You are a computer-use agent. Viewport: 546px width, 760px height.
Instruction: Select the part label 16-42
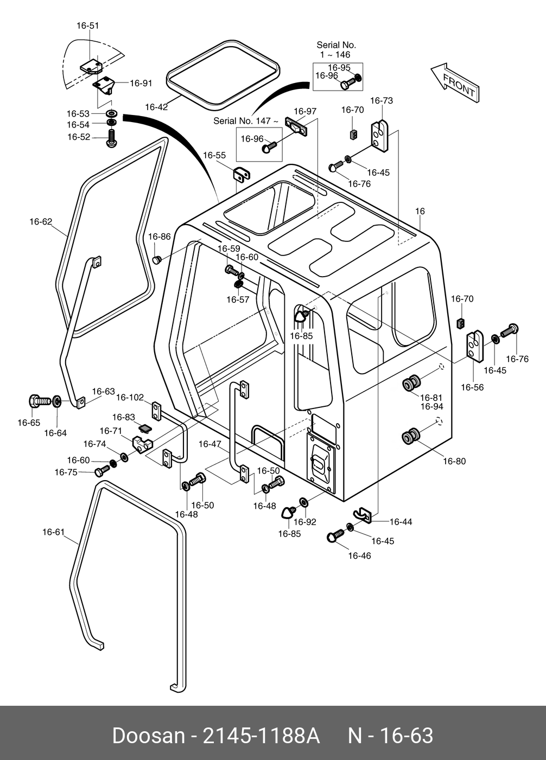coord(156,107)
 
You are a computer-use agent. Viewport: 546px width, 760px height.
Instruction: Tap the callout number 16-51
coord(87,25)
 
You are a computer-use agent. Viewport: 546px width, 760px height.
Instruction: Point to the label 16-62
coord(41,221)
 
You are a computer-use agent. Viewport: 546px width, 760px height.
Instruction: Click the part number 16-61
coord(54,532)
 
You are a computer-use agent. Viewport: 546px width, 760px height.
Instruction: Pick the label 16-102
coord(130,398)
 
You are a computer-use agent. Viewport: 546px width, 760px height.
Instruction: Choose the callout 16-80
coord(454,462)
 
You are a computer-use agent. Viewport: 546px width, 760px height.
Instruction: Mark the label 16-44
coord(401,522)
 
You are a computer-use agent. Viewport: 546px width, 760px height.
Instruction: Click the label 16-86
coord(160,237)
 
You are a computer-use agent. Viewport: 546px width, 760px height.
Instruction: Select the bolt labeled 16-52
coord(112,138)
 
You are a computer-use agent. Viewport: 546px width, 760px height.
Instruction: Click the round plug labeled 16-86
coord(157,260)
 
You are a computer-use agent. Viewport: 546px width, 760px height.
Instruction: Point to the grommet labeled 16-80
coord(411,436)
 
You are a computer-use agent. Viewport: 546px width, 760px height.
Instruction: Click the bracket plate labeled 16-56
coord(475,346)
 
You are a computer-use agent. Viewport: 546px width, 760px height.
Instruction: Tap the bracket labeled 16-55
coord(241,176)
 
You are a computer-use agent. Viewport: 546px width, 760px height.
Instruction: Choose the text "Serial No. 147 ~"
coord(246,121)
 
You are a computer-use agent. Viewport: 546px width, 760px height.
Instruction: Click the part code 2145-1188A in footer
coord(261,736)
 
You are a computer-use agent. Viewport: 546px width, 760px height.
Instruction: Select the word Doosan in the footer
coord(148,736)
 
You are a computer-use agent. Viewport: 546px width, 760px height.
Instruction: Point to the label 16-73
coord(382,100)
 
